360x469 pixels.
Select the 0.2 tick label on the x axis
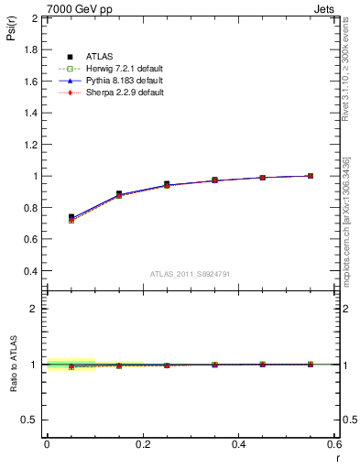[x=142, y=443]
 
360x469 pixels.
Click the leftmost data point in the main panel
[x=71, y=218]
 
